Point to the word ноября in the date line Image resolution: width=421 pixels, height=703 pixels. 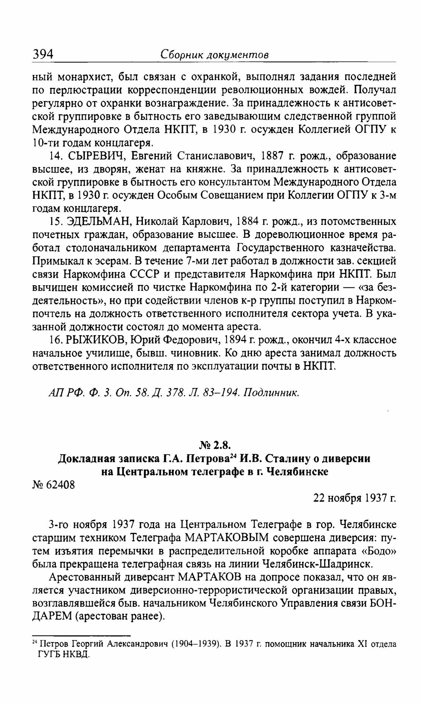(x=345, y=498)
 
